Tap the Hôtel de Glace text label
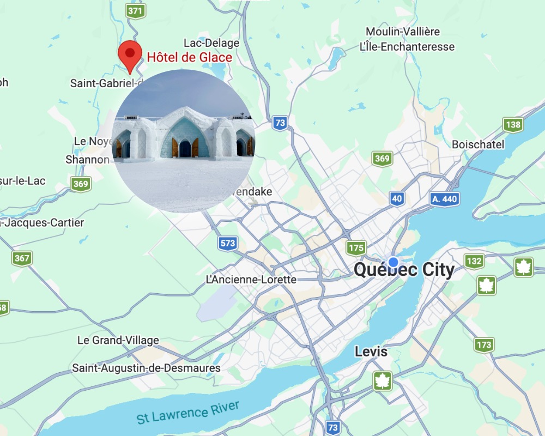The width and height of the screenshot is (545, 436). click(x=190, y=57)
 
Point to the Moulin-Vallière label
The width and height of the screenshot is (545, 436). click(x=403, y=32)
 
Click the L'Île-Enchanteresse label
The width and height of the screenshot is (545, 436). click(x=407, y=47)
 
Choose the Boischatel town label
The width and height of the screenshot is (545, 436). click(x=478, y=144)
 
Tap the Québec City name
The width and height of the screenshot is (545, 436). click(x=404, y=270)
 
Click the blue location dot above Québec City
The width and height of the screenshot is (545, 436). click(x=393, y=262)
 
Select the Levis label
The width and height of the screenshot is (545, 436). click(x=371, y=352)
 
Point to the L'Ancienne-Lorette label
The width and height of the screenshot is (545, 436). click(x=251, y=280)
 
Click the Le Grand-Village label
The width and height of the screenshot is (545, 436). click(x=118, y=340)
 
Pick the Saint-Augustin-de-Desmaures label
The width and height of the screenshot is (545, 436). click(x=147, y=368)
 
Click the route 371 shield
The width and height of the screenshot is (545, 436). click(x=135, y=10)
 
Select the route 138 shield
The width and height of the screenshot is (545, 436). click(x=513, y=125)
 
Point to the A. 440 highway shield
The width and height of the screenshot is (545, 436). click(x=444, y=199)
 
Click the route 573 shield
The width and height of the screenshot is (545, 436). click(x=228, y=243)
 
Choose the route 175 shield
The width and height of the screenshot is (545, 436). click(x=356, y=248)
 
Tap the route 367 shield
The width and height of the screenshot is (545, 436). click(x=22, y=258)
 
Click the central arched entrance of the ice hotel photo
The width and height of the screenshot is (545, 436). click(x=185, y=146)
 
